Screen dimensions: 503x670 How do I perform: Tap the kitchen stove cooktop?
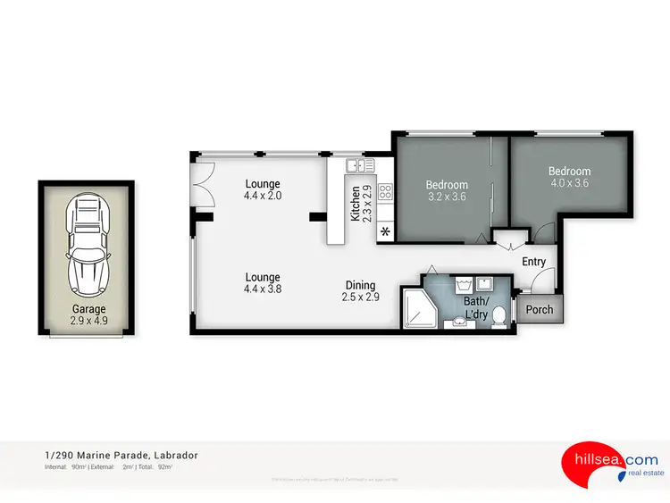point(386,190)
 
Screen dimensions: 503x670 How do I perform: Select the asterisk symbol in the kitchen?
point(385,233)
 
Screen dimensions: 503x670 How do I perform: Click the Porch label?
point(540,310)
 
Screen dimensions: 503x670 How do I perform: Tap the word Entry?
point(534,262)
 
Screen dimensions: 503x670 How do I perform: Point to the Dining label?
point(361,286)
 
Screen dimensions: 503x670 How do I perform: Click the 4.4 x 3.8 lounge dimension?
point(263,289)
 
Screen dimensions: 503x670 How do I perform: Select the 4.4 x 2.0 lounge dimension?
point(264,195)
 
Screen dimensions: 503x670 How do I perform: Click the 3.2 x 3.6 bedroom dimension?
point(447,197)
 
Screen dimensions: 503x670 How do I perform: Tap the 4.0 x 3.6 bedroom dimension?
point(569,183)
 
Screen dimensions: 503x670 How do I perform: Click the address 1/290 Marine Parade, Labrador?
point(121,456)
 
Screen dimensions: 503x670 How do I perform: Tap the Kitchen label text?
point(356,204)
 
